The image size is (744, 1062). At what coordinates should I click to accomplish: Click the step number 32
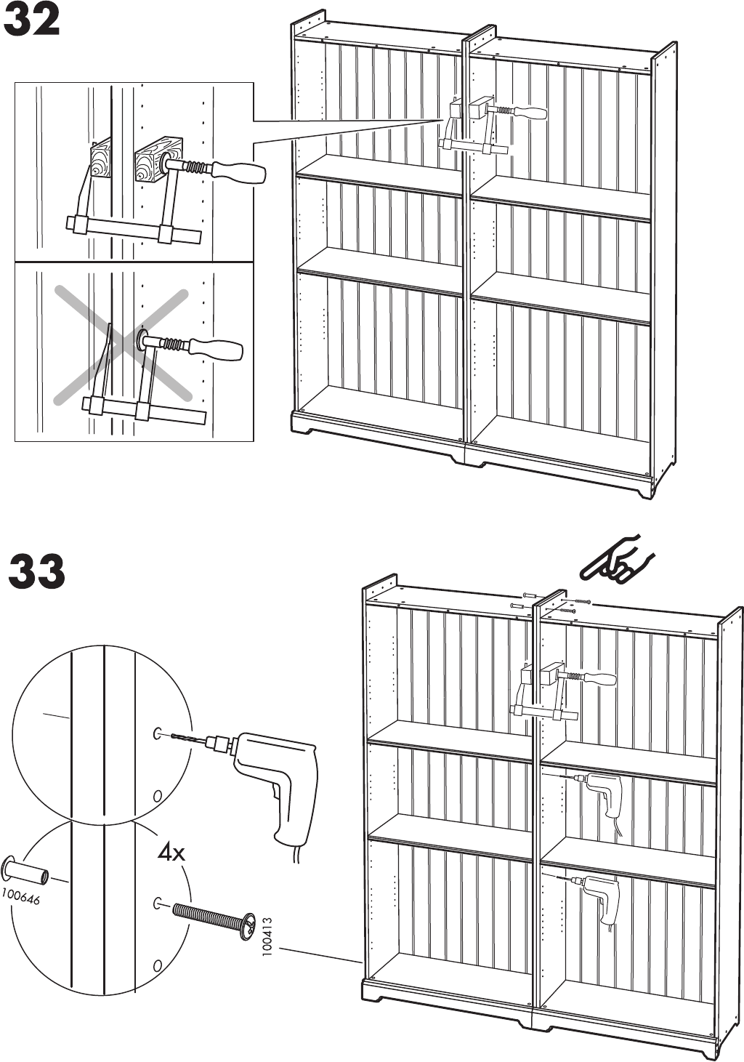click(32, 21)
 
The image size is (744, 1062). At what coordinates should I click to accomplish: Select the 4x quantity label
click(171, 852)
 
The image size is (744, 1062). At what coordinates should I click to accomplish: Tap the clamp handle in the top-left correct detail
click(238, 173)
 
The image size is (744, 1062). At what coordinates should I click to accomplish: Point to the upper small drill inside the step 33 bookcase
click(601, 796)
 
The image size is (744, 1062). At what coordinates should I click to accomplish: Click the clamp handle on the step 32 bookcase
click(528, 113)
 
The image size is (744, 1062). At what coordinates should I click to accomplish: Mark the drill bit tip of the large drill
click(171, 737)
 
